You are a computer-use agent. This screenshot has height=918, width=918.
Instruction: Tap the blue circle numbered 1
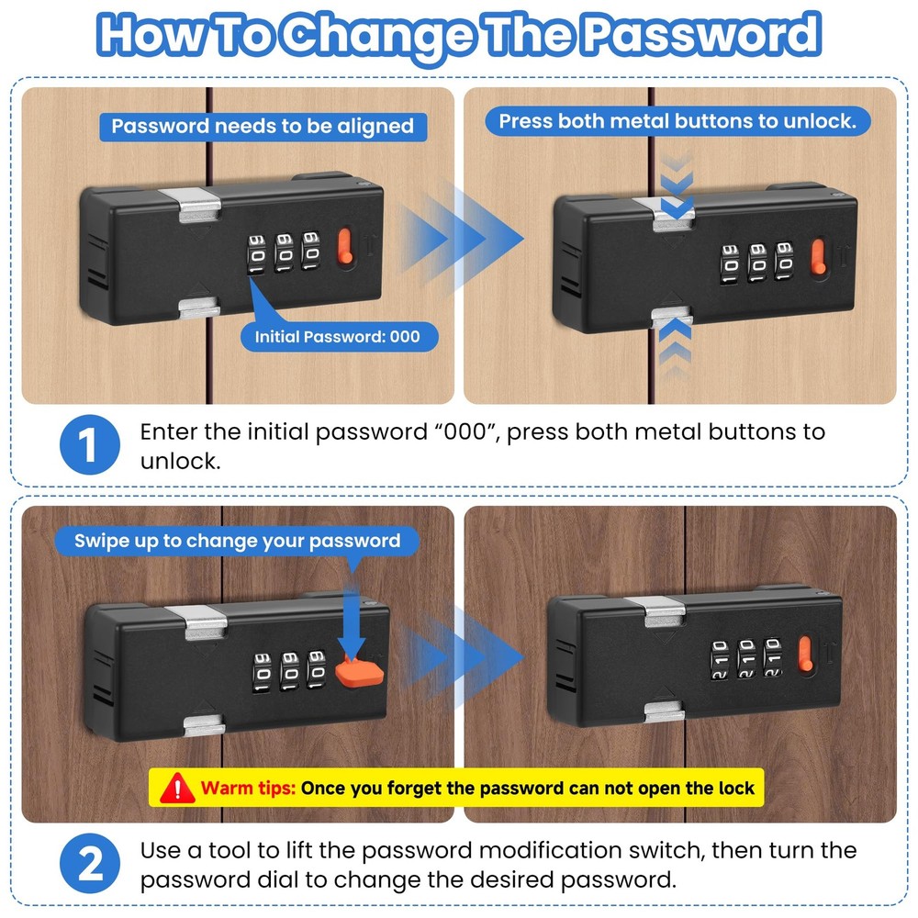(x=89, y=445)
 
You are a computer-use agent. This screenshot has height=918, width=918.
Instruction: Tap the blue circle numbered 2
(x=89, y=864)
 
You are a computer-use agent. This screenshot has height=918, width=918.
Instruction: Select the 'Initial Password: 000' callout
(x=337, y=337)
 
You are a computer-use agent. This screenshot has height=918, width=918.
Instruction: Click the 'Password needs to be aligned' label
(x=263, y=126)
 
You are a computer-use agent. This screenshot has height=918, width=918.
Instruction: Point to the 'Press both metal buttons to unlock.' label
(x=677, y=120)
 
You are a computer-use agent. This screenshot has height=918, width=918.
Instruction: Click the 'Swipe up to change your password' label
(x=238, y=540)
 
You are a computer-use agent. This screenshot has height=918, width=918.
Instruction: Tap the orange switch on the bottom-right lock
(x=806, y=655)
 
